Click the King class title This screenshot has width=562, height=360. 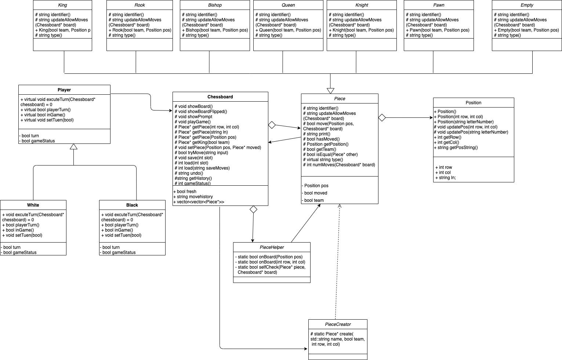tap(62, 5)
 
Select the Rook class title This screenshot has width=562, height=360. tap(139, 5)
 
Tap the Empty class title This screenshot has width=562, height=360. tap(527, 5)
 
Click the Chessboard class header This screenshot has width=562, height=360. tap(220, 97)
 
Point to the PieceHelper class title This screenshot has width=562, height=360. tap(272, 247)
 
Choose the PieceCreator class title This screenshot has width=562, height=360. tap(338, 324)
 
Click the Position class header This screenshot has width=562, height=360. tap(474, 103)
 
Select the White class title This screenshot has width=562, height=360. tap(33, 205)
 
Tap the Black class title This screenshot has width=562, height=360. tap(132, 205)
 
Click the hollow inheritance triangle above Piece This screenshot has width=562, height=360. tap(330, 91)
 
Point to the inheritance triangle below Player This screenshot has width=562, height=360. tap(74, 147)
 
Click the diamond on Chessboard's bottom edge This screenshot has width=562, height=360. tap(253, 210)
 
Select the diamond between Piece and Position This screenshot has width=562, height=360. tap(382, 117)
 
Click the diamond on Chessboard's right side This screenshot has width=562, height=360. tap(272, 125)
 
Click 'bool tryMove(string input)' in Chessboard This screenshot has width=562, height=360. tap(203, 153)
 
